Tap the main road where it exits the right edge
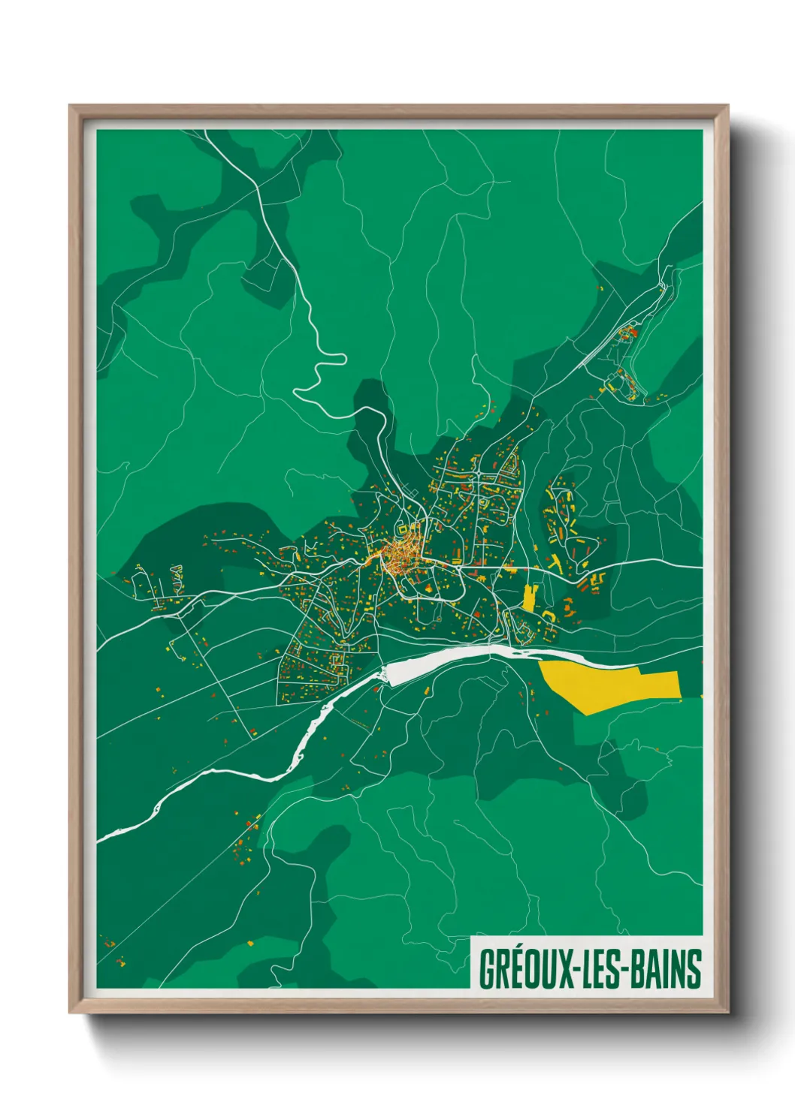tap(699, 568)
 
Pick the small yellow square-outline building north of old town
tap(403, 528)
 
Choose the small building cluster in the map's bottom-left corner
tap(113, 950)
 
